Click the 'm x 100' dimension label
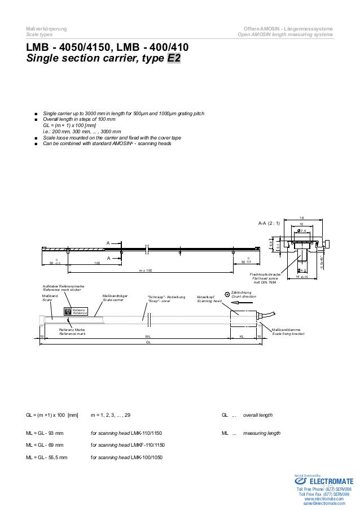146,271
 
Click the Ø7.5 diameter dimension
302,230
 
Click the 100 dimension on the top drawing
97,263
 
